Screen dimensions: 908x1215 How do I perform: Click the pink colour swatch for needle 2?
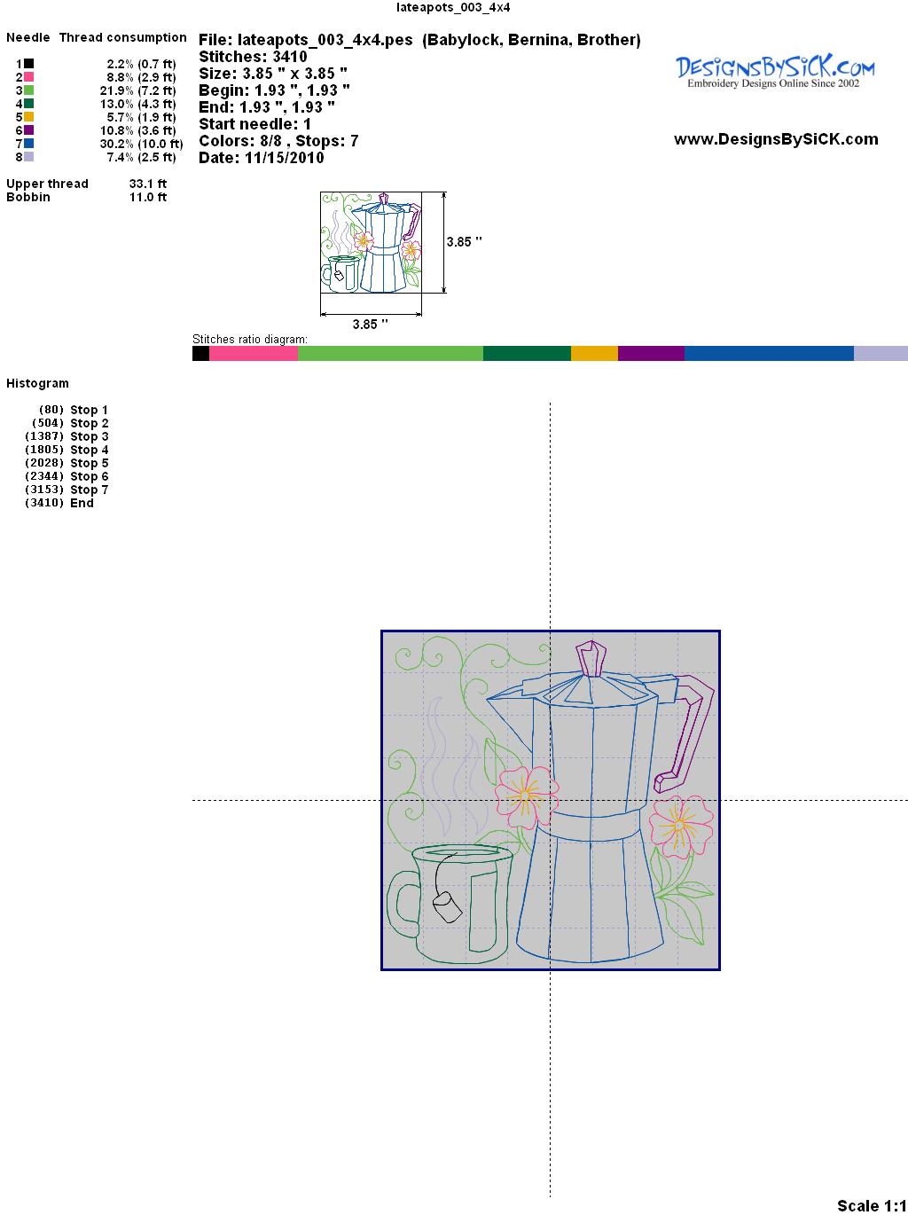point(28,77)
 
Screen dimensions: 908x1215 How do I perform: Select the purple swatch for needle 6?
point(28,130)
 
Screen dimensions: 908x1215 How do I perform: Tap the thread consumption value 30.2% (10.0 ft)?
point(141,144)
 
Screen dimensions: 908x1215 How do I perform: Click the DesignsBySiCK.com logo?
point(775,72)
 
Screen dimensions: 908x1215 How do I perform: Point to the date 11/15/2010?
point(285,158)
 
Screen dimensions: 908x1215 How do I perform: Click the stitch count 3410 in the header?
point(290,57)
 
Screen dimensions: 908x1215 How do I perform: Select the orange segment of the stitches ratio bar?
point(594,353)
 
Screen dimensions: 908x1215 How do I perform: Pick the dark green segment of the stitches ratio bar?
point(527,353)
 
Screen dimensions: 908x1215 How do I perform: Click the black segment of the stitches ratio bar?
point(201,353)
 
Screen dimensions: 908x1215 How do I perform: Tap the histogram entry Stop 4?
point(89,450)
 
